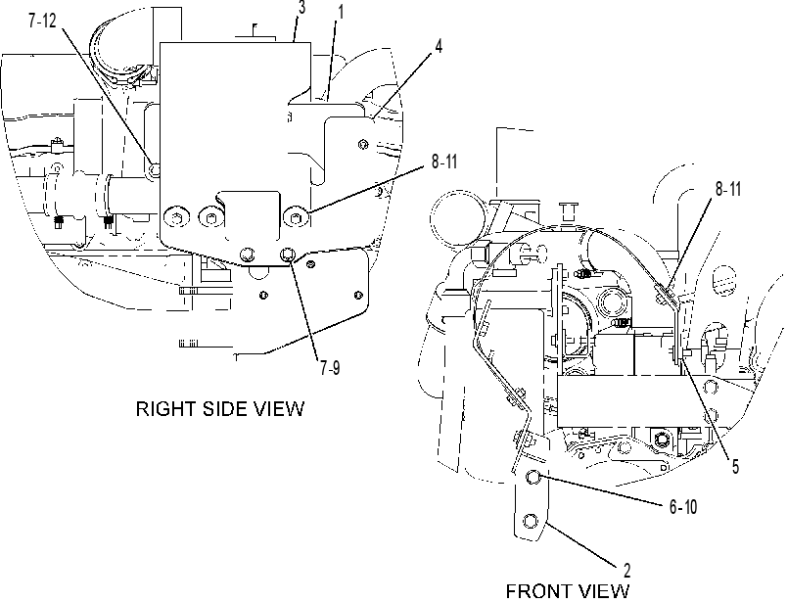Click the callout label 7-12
[x=42, y=23]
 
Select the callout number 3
[x=301, y=9]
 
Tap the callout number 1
[x=341, y=12]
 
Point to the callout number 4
[x=439, y=47]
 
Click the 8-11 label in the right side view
[x=443, y=162]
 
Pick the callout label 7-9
[x=330, y=368]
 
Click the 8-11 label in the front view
[x=727, y=189]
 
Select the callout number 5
[x=735, y=466]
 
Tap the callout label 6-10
[x=683, y=507]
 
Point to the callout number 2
[x=626, y=571]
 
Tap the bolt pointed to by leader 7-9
[x=287, y=255]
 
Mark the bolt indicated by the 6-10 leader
[x=533, y=477]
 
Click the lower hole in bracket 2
[x=530, y=521]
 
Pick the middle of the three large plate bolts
[x=209, y=217]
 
